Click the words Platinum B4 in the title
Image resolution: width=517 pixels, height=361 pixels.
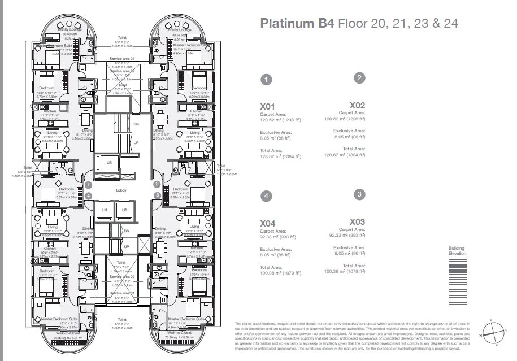click(297, 24)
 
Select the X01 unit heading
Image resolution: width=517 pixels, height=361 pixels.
click(267, 106)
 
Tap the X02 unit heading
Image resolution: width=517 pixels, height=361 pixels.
click(357, 105)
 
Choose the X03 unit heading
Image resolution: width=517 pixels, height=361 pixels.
click(357, 222)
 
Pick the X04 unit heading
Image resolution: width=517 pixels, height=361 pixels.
click(267, 224)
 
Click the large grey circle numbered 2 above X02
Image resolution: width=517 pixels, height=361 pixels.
click(359, 78)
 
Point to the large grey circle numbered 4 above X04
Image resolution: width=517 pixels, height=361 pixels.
click(267, 195)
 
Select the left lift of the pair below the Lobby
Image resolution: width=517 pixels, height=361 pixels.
click(105, 210)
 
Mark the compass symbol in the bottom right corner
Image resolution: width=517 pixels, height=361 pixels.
click(492, 331)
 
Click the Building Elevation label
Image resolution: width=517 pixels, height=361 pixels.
click(457, 251)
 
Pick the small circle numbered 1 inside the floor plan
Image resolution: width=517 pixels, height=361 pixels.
click(89, 185)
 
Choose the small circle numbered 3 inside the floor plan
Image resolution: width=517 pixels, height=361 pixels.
click(157, 195)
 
